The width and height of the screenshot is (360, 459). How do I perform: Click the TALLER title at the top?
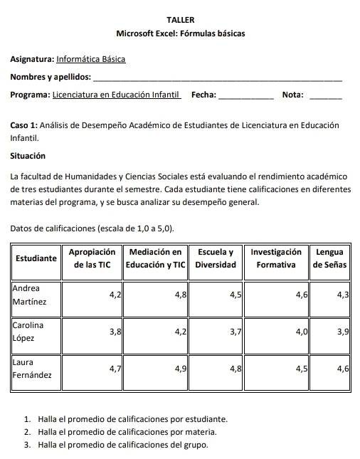coord(179,20)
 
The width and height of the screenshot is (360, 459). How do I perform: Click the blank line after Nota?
coord(327,95)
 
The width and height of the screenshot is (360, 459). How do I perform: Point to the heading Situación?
coord(28,155)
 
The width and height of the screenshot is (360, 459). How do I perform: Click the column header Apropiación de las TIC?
coord(92,258)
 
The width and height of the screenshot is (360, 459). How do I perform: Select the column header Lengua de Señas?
coord(329,258)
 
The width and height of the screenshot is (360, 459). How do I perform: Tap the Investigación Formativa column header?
coord(277,258)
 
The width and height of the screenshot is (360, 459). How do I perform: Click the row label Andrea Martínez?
coord(31,295)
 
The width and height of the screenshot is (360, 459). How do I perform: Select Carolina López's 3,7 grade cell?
coord(235,331)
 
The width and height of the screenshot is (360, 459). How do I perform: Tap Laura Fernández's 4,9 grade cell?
coord(179,368)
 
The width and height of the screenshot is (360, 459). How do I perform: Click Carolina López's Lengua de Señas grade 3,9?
coord(342,331)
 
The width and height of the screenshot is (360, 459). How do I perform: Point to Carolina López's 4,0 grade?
coord(301,331)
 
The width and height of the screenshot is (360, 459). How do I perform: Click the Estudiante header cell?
coord(36,258)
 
